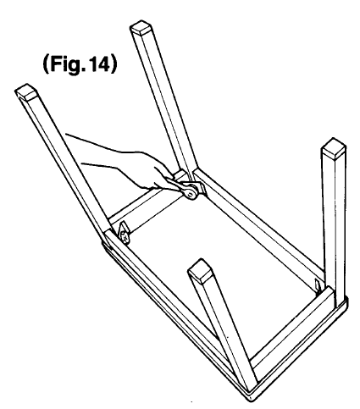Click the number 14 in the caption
(x=98, y=64)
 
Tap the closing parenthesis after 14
(x=113, y=64)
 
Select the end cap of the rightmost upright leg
(x=334, y=149)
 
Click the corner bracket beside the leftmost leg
(x=124, y=233)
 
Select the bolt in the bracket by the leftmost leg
(x=125, y=235)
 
